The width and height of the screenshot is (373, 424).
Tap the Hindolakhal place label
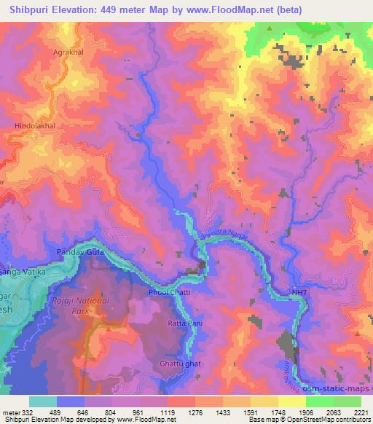[35, 125]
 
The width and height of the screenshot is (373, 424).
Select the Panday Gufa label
[76, 252]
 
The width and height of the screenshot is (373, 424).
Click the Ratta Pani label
[184, 322]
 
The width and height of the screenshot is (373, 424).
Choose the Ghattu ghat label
[179, 363]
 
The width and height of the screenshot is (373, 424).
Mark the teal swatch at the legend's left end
[42, 401]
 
